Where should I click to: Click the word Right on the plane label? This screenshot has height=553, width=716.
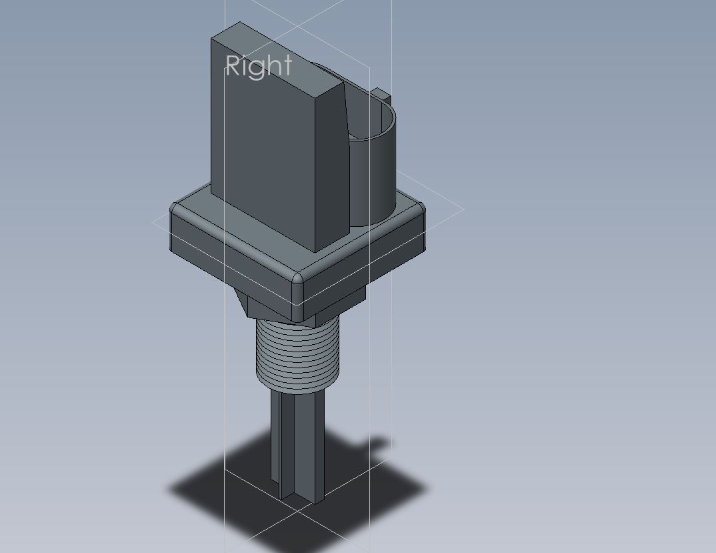click(x=259, y=67)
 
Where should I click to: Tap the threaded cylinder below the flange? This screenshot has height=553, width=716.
click(x=297, y=356)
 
